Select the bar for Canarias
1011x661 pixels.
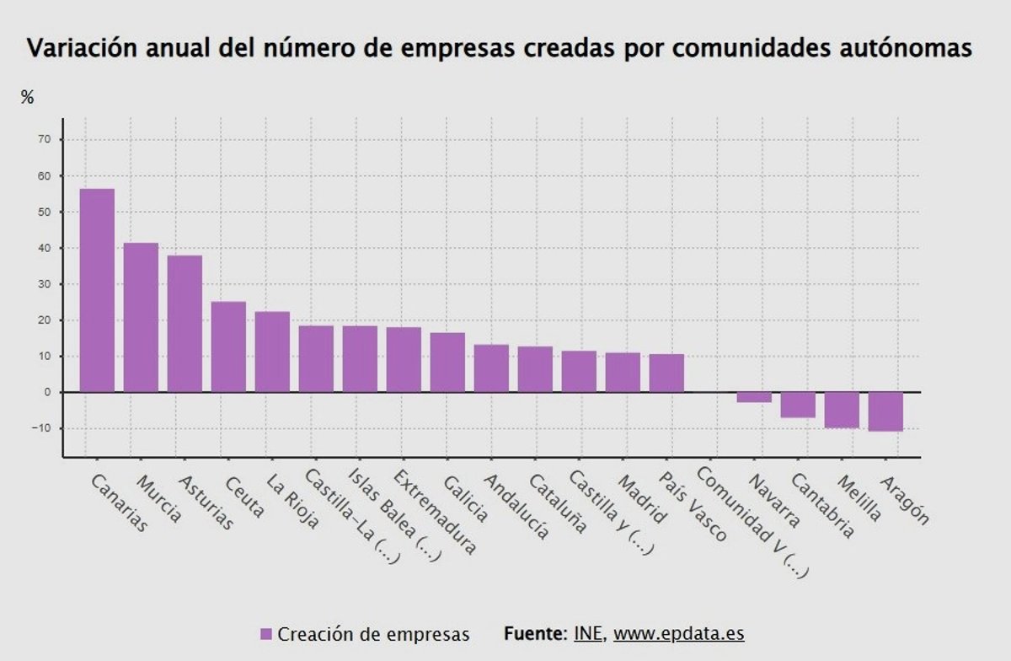pos(97,290)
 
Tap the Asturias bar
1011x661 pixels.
pos(185,324)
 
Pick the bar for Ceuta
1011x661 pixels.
pos(228,347)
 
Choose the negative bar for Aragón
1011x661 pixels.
pos(885,411)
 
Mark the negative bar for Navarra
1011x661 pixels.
pos(754,397)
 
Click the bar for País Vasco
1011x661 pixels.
pos(666,373)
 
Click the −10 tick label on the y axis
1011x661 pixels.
pos(40,428)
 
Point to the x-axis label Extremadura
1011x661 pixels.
pos(434,512)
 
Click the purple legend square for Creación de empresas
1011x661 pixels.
pos(266,634)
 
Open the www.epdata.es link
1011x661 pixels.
pos(678,633)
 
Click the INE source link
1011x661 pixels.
pos(588,633)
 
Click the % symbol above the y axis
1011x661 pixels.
pos(28,98)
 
